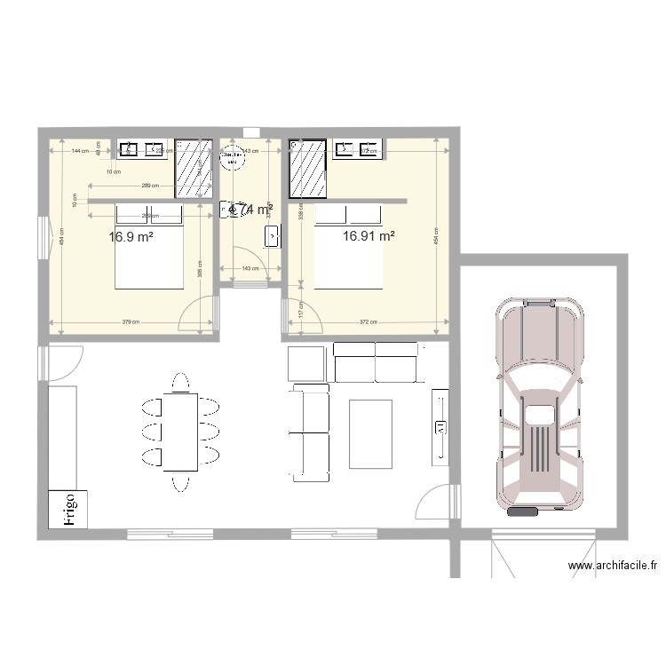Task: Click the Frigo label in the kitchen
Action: [70, 511]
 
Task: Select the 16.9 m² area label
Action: [131, 237]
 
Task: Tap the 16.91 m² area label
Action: [368, 236]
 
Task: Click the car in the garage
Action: [541, 406]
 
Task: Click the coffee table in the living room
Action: [371, 433]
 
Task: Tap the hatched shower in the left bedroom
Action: [193, 168]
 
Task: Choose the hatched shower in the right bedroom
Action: [309, 168]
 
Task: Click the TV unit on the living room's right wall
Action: [440, 426]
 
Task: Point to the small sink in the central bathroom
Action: [272, 236]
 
